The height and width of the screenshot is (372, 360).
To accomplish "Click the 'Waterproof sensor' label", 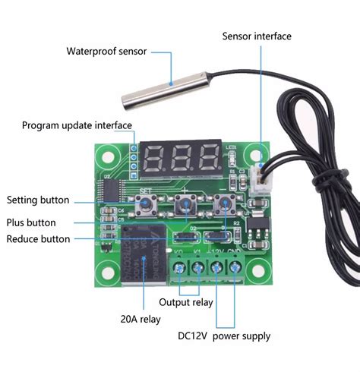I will click(108, 51).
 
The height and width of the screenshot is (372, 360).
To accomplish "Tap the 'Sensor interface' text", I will click(256, 36).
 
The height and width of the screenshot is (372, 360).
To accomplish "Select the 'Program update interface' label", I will click(77, 125).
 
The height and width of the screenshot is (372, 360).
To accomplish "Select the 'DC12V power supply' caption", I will click(224, 336).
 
